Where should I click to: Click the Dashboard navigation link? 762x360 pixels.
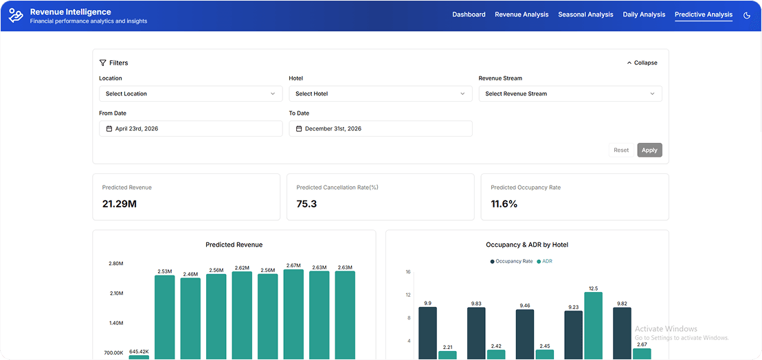[469, 14]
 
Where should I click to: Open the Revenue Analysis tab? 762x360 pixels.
[522, 14]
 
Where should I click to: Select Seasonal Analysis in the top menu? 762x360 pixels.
[585, 14]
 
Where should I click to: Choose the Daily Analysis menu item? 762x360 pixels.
[644, 14]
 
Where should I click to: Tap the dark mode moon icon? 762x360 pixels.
[747, 15]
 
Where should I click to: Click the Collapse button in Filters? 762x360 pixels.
[642, 63]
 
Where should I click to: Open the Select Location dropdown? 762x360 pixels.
[190, 93]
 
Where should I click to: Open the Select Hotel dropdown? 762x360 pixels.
[380, 93]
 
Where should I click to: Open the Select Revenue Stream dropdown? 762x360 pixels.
[570, 93]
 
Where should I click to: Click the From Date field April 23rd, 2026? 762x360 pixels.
[190, 128]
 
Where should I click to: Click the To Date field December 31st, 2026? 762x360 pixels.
[380, 128]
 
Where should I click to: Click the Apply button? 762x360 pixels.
[649, 150]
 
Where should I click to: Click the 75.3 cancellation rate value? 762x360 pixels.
[306, 203]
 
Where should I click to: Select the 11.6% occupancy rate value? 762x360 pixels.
[504, 203]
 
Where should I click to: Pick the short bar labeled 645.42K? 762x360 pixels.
[139, 357]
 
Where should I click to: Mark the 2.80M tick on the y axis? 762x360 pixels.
[115, 263]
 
